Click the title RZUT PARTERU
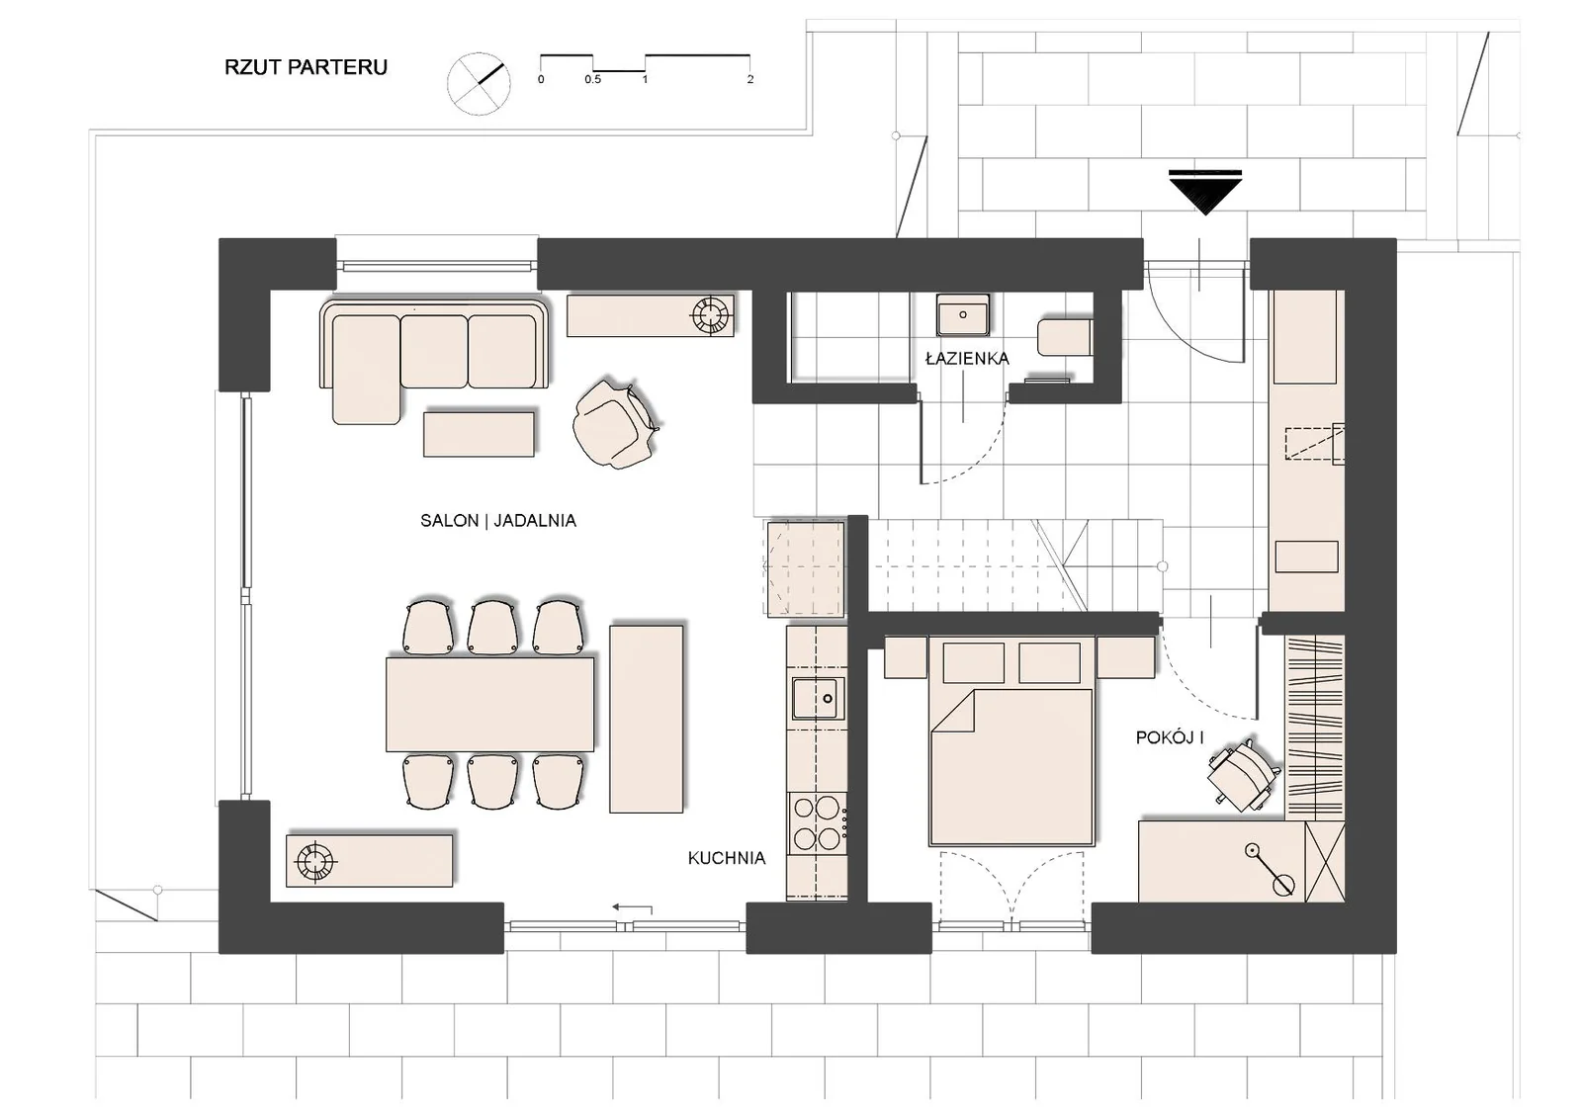click(x=306, y=67)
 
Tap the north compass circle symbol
click(x=479, y=83)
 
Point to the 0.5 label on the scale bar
click(x=592, y=80)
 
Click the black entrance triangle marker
click(x=1205, y=192)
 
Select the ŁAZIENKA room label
click(x=967, y=359)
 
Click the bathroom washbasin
click(x=963, y=315)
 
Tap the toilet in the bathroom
click(x=1065, y=338)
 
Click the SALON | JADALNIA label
click(x=498, y=521)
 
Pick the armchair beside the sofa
click(x=615, y=424)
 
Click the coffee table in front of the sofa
click(x=479, y=434)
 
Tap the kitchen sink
click(x=818, y=699)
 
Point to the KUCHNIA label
click(x=727, y=858)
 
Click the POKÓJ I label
click(x=1170, y=738)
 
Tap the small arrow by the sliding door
click(x=632, y=907)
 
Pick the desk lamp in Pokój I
click(x=1268, y=868)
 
